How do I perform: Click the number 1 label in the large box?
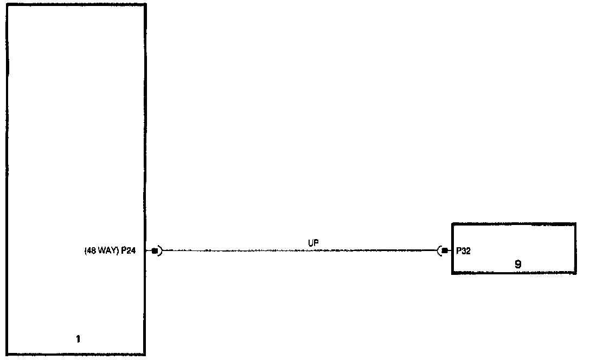click(78, 339)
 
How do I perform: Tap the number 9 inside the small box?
click(518, 265)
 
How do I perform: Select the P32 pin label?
click(464, 251)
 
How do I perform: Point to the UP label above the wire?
click(313, 244)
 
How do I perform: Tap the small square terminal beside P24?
click(154, 251)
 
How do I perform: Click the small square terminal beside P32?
click(445, 250)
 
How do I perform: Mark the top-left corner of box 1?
click(7, 4)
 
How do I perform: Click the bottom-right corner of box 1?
click(145, 355)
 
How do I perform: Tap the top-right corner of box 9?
click(575, 223)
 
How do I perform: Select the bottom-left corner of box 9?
click(453, 274)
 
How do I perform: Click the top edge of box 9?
click(514, 223)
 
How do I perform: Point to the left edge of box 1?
click(7, 179)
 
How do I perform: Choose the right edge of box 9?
click(575, 248)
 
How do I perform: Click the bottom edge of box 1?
click(76, 355)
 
